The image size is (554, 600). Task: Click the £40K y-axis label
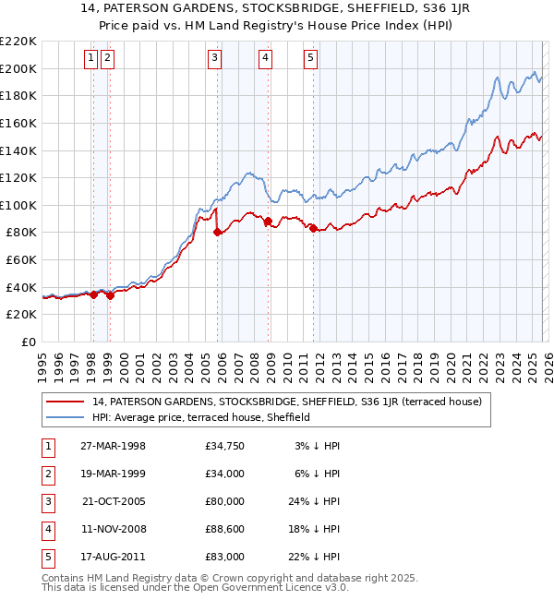click(21, 287)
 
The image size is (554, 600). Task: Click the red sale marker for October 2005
click(218, 233)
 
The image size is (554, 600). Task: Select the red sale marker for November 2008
click(268, 222)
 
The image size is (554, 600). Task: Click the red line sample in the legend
click(66, 402)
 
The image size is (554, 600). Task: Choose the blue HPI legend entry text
click(201, 417)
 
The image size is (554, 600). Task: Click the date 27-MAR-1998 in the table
click(113, 446)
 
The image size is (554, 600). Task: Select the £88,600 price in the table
click(225, 529)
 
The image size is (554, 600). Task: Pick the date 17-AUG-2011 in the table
click(113, 557)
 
